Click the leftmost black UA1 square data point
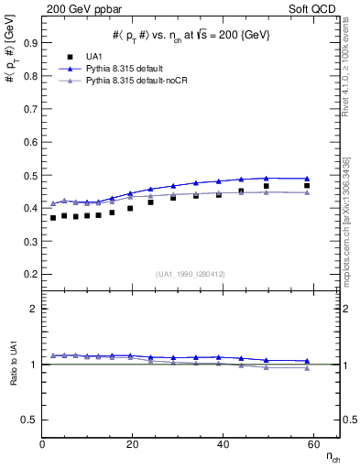click(53, 218)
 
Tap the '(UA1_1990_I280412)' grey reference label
click(191, 272)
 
